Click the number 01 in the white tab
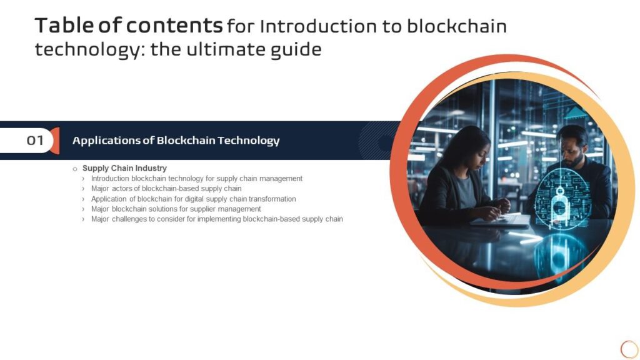click(x=35, y=141)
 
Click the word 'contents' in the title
click(x=174, y=26)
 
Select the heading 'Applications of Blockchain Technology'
click(x=176, y=141)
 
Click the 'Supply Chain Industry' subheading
click(x=124, y=168)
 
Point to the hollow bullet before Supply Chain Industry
click(x=75, y=169)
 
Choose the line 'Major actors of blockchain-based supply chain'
click(x=166, y=188)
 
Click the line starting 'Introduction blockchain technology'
click(x=196, y=178)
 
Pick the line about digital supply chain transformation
click(x=193, y=199)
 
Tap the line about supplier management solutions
click(x=176, y=209)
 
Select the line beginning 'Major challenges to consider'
click(x=217, y=219)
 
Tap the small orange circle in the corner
click(x=629, y=349)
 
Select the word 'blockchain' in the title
click(x=457, y=26)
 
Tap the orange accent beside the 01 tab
click(x=55, y=141)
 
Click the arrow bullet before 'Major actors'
click(x=84, y=189)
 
